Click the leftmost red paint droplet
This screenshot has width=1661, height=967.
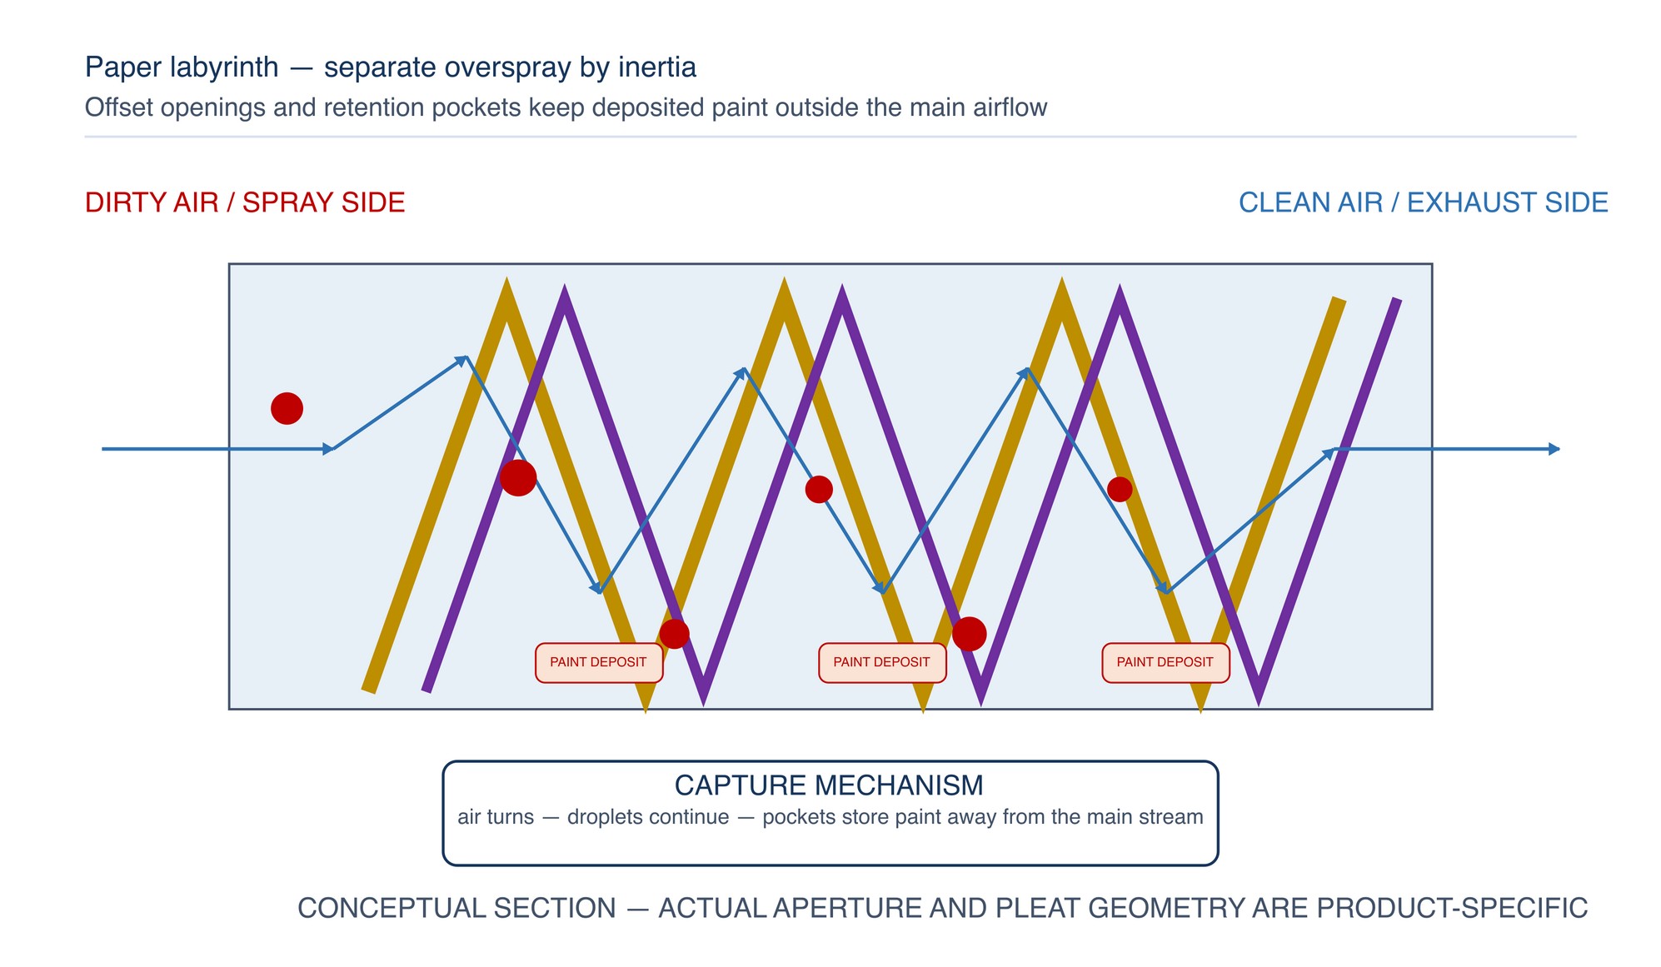287,408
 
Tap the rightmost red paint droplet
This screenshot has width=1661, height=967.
1120,489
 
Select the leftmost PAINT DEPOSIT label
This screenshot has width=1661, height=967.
599,662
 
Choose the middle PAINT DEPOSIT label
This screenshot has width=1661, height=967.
882,662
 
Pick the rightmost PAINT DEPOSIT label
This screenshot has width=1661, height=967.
1165,662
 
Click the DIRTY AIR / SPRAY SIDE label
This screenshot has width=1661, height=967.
245,202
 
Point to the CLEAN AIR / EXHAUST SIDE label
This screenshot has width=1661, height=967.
1424,202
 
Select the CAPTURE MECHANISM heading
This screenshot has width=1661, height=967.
829,785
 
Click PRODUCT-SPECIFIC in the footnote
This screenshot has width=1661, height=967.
1452,908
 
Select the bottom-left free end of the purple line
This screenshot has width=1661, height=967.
426,690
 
